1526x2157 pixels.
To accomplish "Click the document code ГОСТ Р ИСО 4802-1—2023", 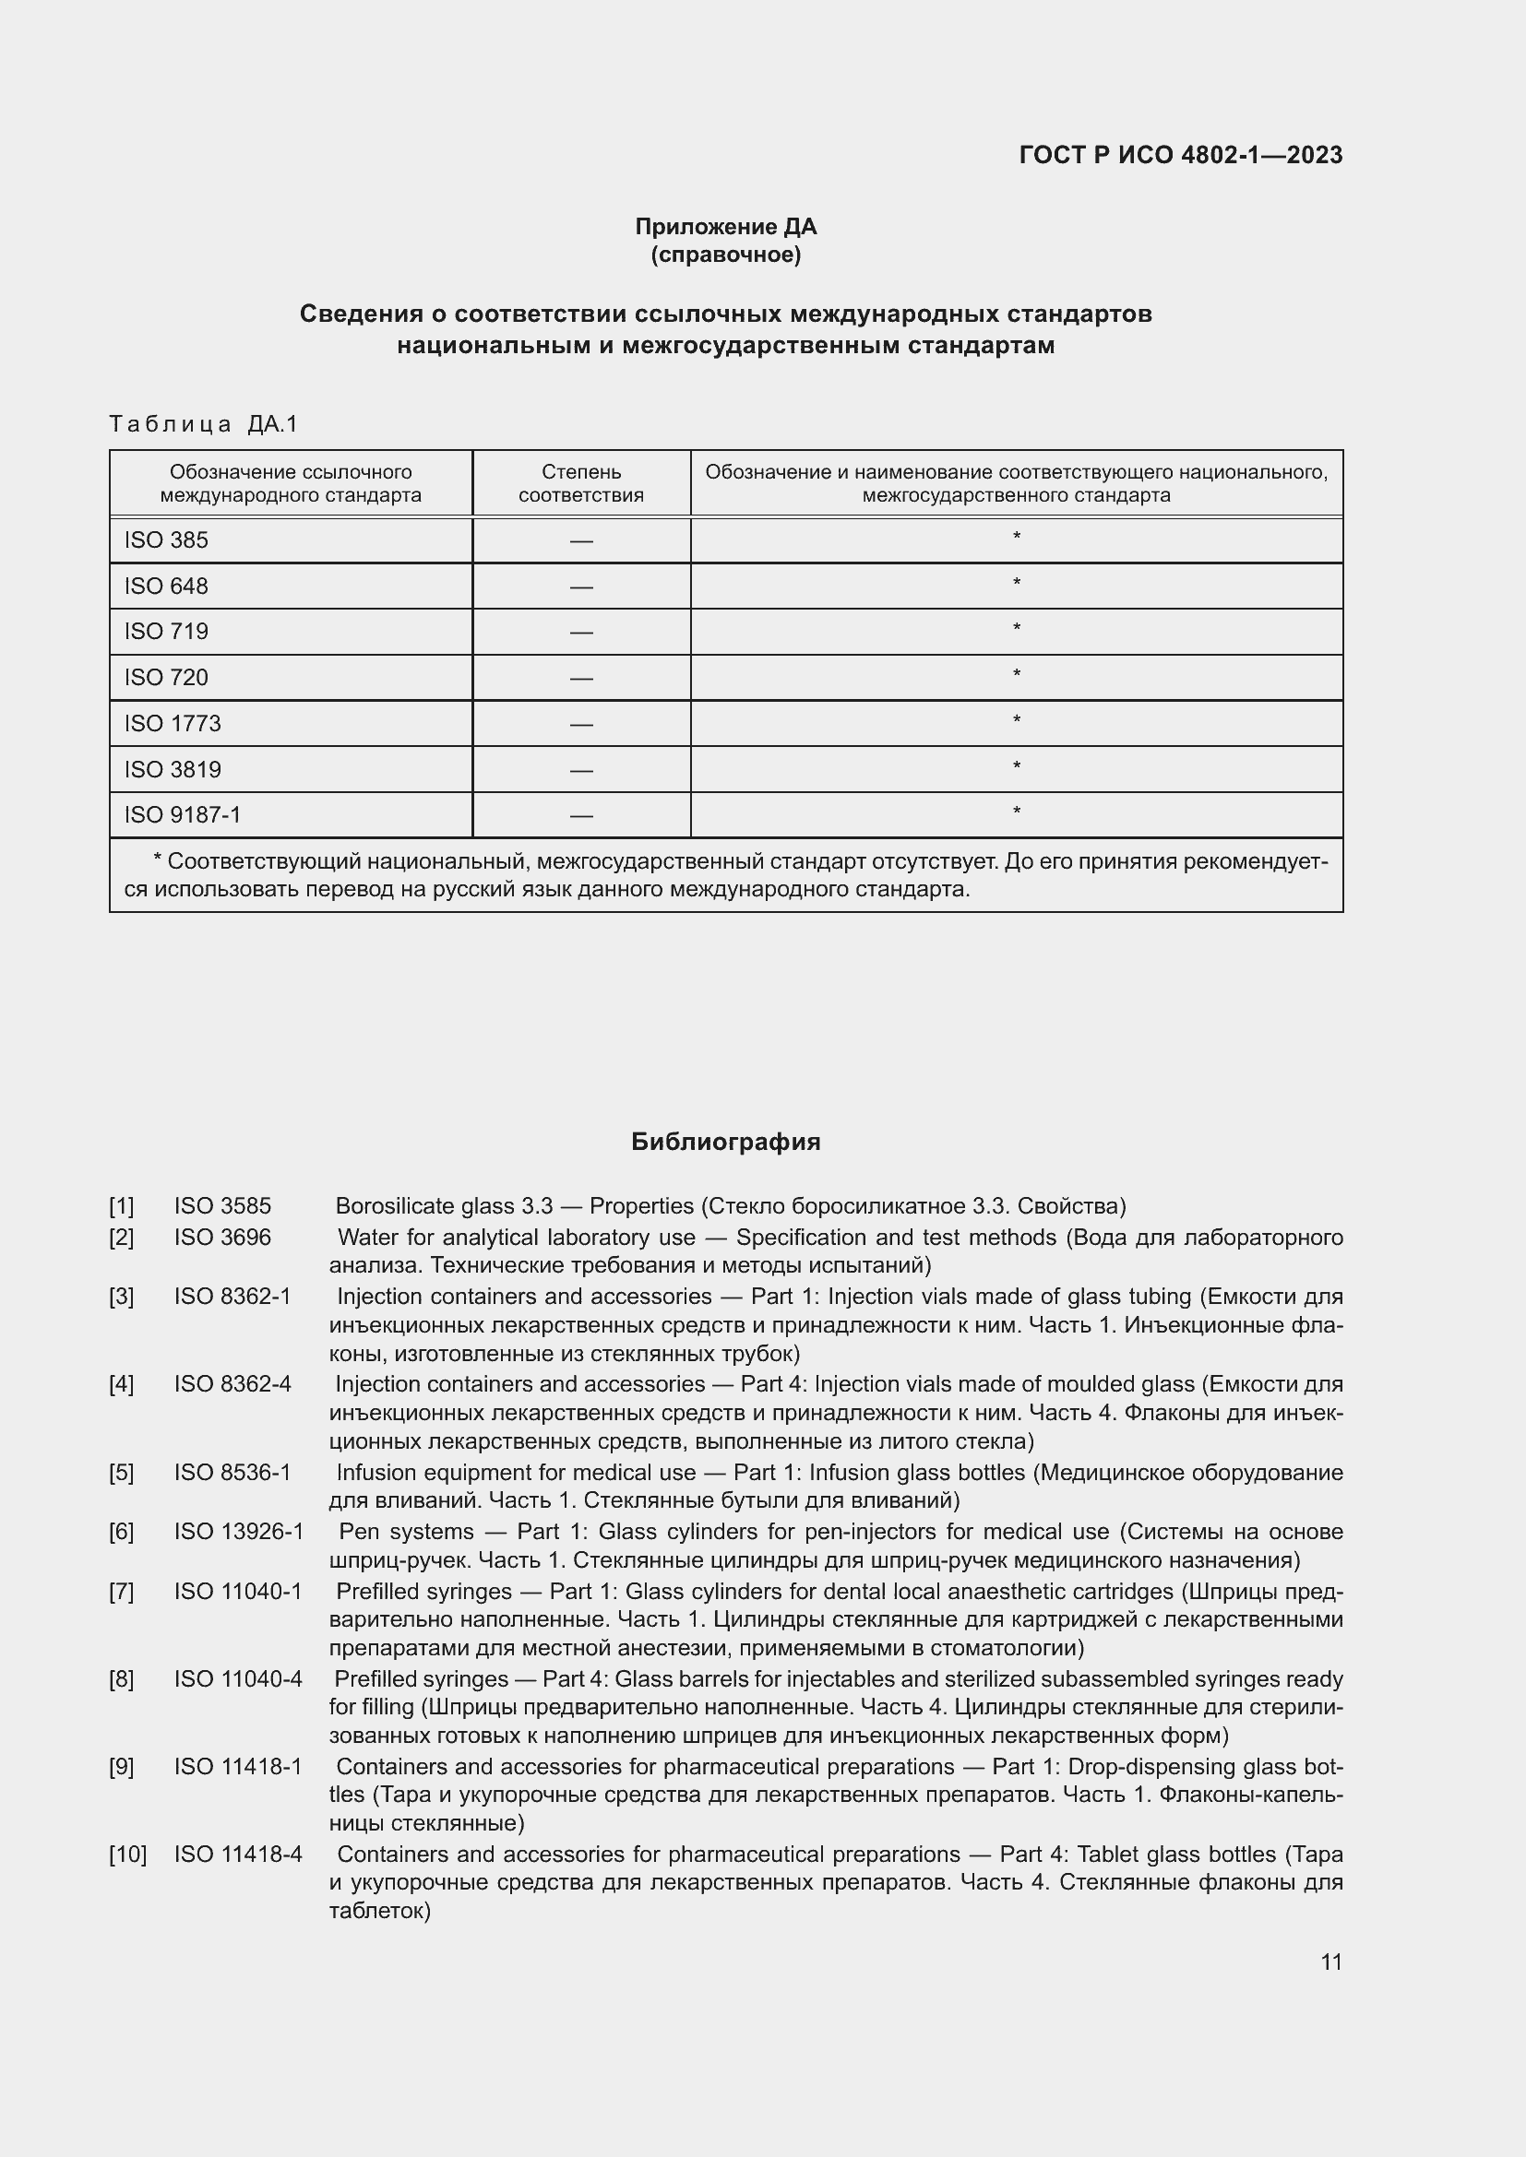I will click(x=1180, y=155).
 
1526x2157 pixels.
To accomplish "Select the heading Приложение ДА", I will click(x=725, y=227).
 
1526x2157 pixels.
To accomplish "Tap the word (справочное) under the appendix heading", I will click(x=725, y=255).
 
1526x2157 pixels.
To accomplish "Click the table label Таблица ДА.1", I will click(x=203, y=424).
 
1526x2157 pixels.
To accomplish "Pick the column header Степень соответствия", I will click(x=580, y=483).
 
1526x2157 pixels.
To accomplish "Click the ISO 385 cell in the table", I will click(x=166, y=540).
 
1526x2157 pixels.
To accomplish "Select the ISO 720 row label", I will click(x=166, y=678).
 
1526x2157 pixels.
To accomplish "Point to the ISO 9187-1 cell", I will click(x=183, y=814).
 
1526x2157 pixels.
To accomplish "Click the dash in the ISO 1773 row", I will click(x=580, y=724).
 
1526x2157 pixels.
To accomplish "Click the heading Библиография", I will click(x=725, y=1142).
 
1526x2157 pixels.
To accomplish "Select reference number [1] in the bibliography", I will click(x=121, y=1205).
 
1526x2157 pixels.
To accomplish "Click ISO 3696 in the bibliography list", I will click(x=221, y=1238).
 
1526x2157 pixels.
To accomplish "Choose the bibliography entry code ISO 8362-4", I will click(x=232, y=1384).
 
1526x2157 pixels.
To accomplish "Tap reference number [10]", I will click(x=128, y=1855).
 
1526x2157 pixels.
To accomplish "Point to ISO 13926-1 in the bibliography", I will click(x=239, y=1532).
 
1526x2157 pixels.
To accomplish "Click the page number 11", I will click(x=1330, y=1961).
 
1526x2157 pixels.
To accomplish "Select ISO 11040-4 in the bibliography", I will click(x=238, y=1678).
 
